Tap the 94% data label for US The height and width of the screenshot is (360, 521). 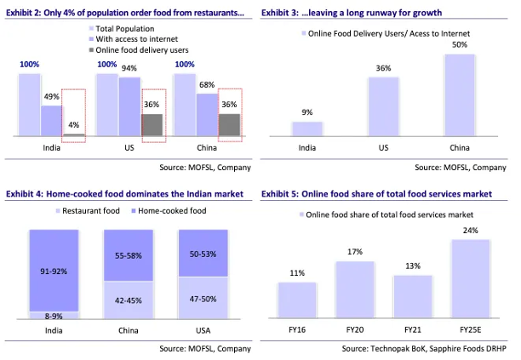coord(129,69)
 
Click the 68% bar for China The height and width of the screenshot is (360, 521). coord(206,115)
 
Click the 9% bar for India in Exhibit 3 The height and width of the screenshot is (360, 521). coord(307,129)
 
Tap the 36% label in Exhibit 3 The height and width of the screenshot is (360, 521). coord(384,69)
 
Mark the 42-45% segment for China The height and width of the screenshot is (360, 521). coord(129,300)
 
